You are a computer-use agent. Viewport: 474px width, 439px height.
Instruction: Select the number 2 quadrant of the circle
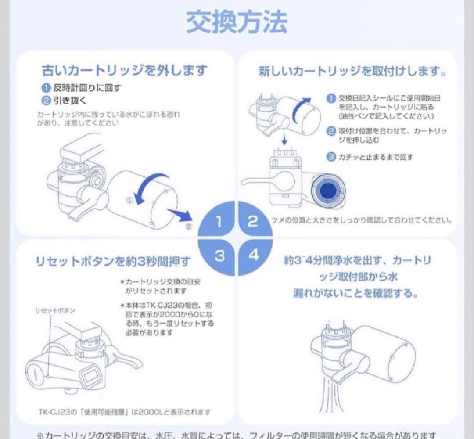253,221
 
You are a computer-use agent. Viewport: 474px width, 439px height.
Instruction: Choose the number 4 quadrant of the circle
254,255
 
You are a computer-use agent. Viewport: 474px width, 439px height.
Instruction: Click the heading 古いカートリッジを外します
124,70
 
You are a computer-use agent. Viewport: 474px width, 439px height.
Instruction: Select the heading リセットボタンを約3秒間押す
113,262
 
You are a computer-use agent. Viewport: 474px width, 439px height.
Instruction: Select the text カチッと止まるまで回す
375,157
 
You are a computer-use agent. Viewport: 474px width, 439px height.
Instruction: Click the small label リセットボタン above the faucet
55,310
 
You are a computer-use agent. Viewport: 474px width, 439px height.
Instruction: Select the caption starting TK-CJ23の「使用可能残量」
124,412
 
